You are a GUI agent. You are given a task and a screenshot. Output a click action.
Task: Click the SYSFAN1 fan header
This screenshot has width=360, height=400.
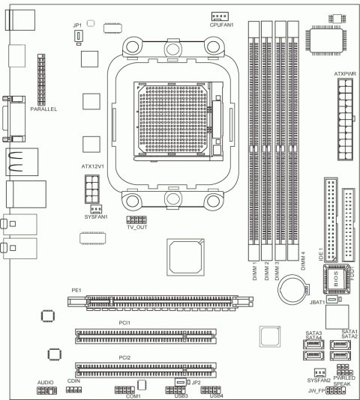point(95,208)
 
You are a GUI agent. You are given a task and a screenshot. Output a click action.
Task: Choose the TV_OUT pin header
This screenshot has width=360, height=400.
point(136,219)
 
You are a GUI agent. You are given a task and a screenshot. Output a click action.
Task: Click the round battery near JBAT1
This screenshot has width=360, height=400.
point(293,288)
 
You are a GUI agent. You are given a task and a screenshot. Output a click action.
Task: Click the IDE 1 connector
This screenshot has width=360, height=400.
point(331,213)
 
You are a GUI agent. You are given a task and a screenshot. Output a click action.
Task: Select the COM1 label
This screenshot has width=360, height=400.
point(133,396)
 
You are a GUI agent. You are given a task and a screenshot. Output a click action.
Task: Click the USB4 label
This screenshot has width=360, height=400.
point(217,396)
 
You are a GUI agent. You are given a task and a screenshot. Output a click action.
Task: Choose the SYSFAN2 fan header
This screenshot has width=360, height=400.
point(319,372)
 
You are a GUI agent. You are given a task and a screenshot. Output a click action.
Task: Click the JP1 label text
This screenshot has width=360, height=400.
point(76,25)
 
